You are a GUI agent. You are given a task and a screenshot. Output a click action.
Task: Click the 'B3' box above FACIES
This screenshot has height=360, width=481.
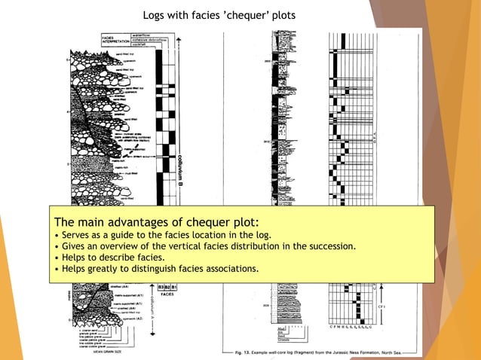tap(161, 287)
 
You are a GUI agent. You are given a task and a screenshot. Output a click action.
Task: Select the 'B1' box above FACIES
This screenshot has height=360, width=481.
tap(174, 287)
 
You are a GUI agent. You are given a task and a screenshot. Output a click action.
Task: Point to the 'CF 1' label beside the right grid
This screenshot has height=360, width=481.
tap(381, 307)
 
